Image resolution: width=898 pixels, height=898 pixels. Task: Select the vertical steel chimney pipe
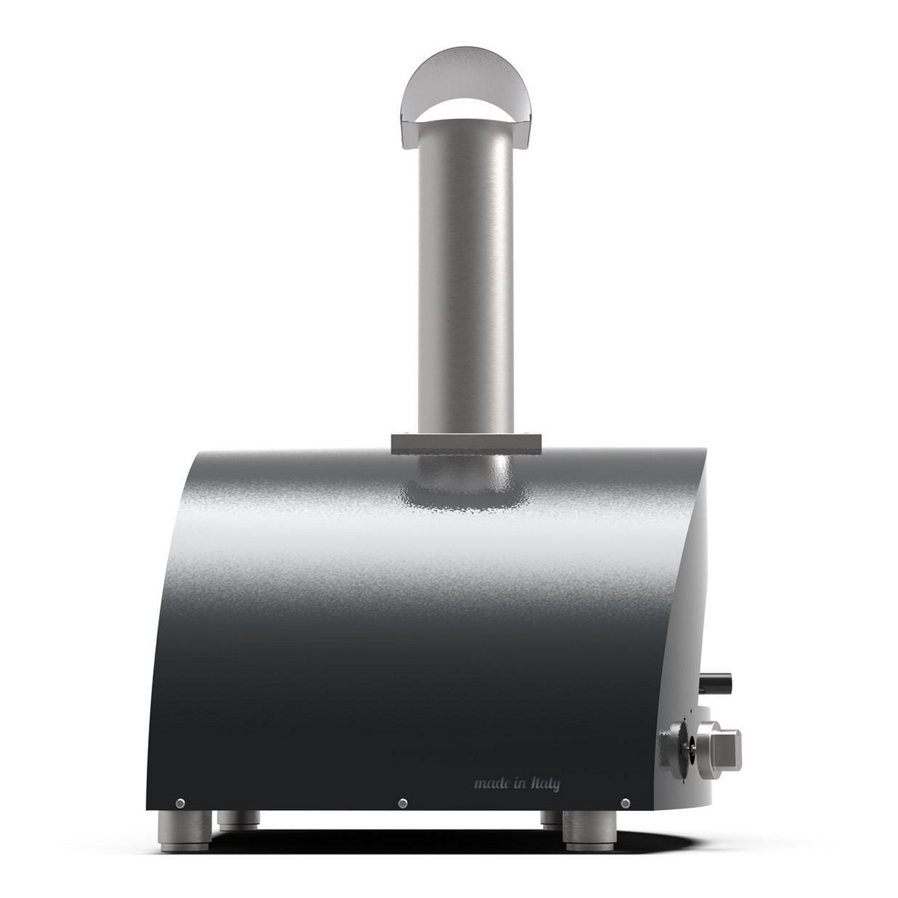pos(465,281)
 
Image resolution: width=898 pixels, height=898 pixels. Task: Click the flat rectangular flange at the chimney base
pos(466,443)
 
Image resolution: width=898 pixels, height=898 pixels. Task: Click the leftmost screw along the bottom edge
pos(180,803)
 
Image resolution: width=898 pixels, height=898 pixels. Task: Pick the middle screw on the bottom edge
pos(402,803)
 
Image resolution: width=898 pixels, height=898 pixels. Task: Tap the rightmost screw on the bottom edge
pos(625,803)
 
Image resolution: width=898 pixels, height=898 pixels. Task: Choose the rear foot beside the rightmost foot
pos(550,819)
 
